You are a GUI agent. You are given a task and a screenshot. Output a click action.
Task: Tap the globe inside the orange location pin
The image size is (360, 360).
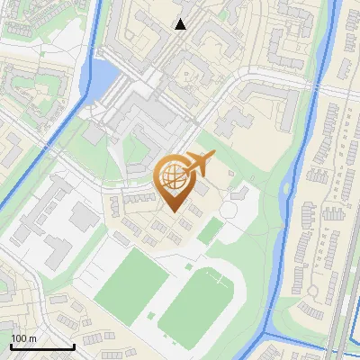pos(171,176)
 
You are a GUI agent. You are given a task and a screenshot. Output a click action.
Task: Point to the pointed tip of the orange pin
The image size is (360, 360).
pos(171,213)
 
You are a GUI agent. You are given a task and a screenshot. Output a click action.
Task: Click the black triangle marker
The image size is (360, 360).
pos(181,24)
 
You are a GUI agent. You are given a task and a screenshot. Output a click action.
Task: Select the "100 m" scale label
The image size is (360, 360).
pos(24,338)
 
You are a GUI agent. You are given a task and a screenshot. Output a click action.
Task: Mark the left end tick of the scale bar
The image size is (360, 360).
pos(12,345)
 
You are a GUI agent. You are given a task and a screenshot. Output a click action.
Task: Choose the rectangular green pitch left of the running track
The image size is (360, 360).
pos(131,280)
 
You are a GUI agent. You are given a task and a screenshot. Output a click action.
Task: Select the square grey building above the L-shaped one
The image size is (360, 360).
pos(84,215)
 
